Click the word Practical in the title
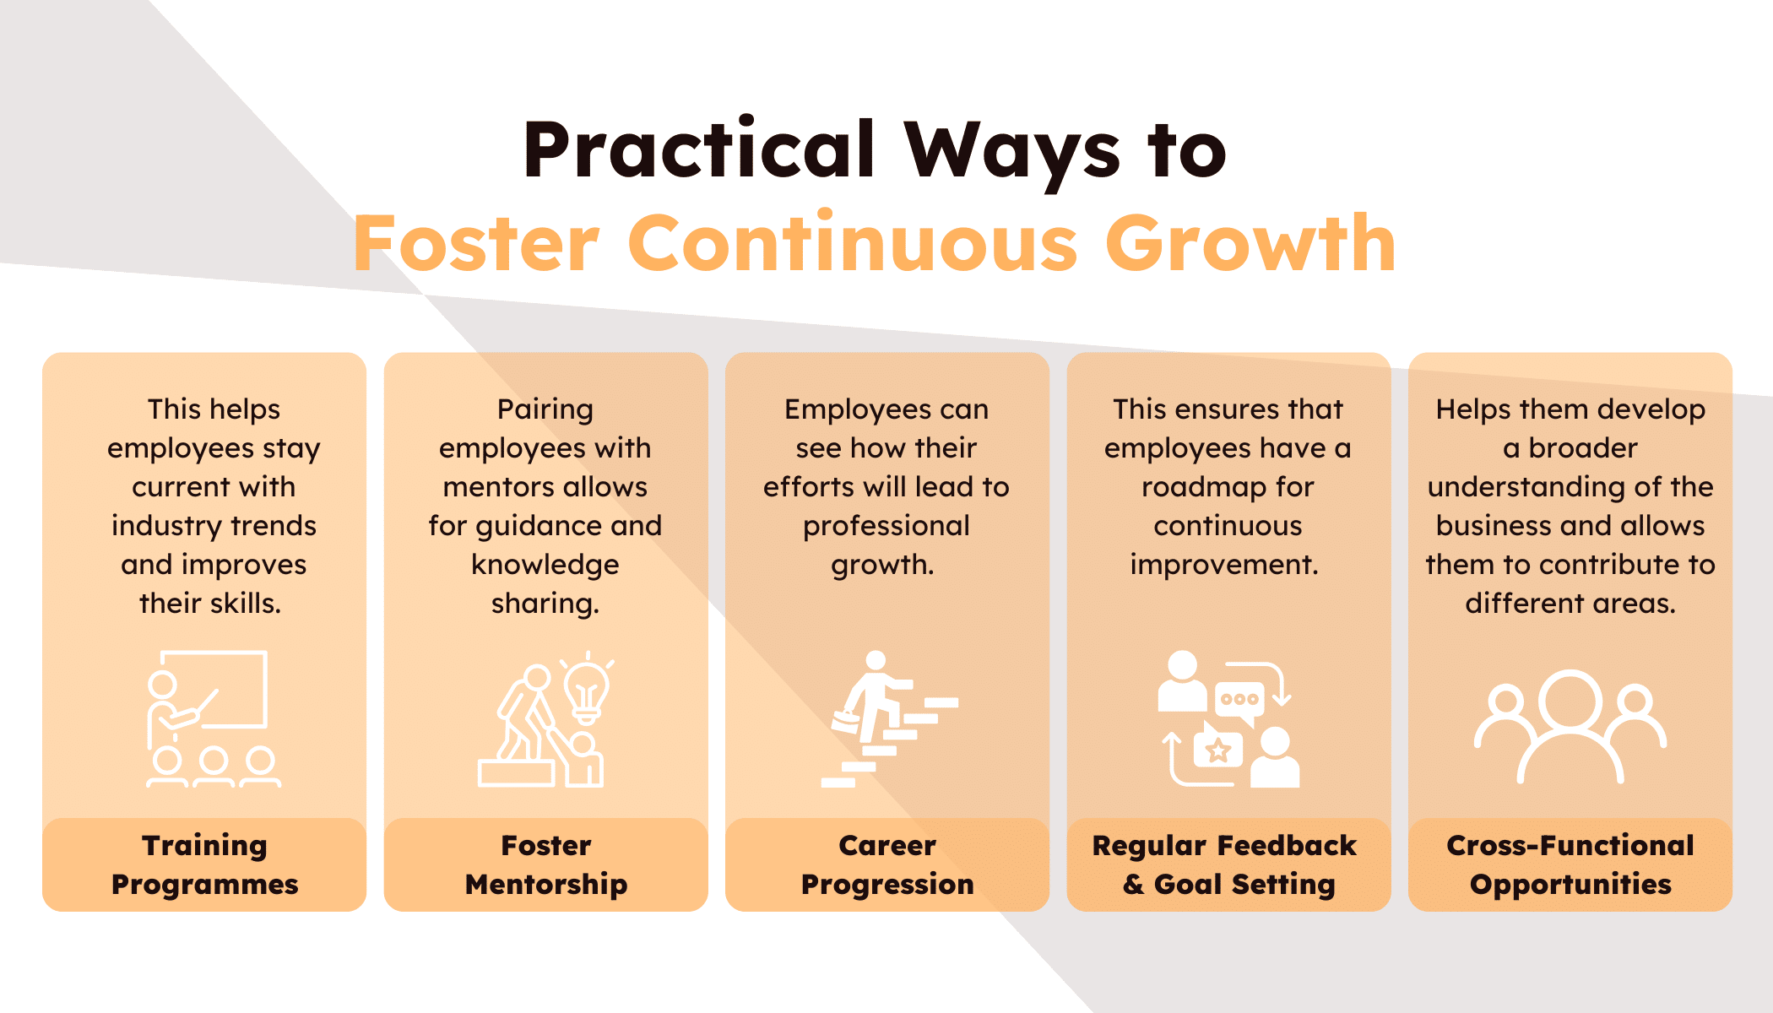[x=699, y=150]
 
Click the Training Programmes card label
[x=204, y=864]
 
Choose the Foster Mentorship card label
[x=546, y=864]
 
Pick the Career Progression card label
[x=887, y=864]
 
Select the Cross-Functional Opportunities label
[x=1570, y=864]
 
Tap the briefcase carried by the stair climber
[x=845, y=722]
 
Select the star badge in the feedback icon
[x=1217, y=750]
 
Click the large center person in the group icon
[x=1570, y=726]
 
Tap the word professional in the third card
[x=886, y=527]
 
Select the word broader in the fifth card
[x=1583, y=448]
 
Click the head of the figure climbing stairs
[x=876, y=660]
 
